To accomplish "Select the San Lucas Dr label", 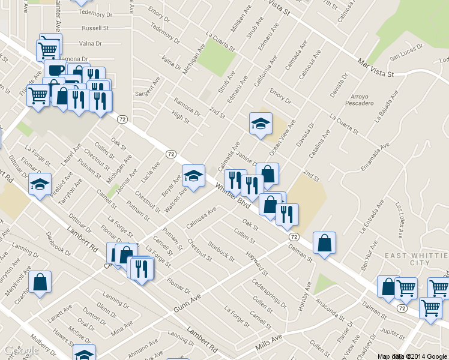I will click(x=405, y=58).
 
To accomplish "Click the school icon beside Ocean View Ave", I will click(x=261, y=124).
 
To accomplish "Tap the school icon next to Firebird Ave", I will click(x=40, y=184).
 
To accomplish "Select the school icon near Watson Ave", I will click(x=193, y=175).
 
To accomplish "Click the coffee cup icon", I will click(x=55, y=69).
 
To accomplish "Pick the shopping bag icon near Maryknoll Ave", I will click(x=40, y=282).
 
